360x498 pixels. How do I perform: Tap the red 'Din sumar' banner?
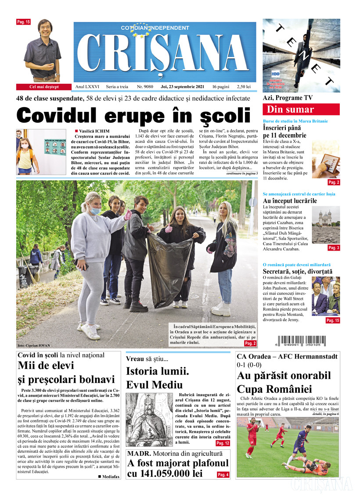[301, 109]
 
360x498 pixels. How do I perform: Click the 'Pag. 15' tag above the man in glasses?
[23, 21]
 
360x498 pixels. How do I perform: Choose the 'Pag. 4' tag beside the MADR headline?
[223, 474]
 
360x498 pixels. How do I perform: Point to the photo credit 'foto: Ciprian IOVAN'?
[34, 346]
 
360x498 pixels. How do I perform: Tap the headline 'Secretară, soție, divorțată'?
[297, 272]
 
